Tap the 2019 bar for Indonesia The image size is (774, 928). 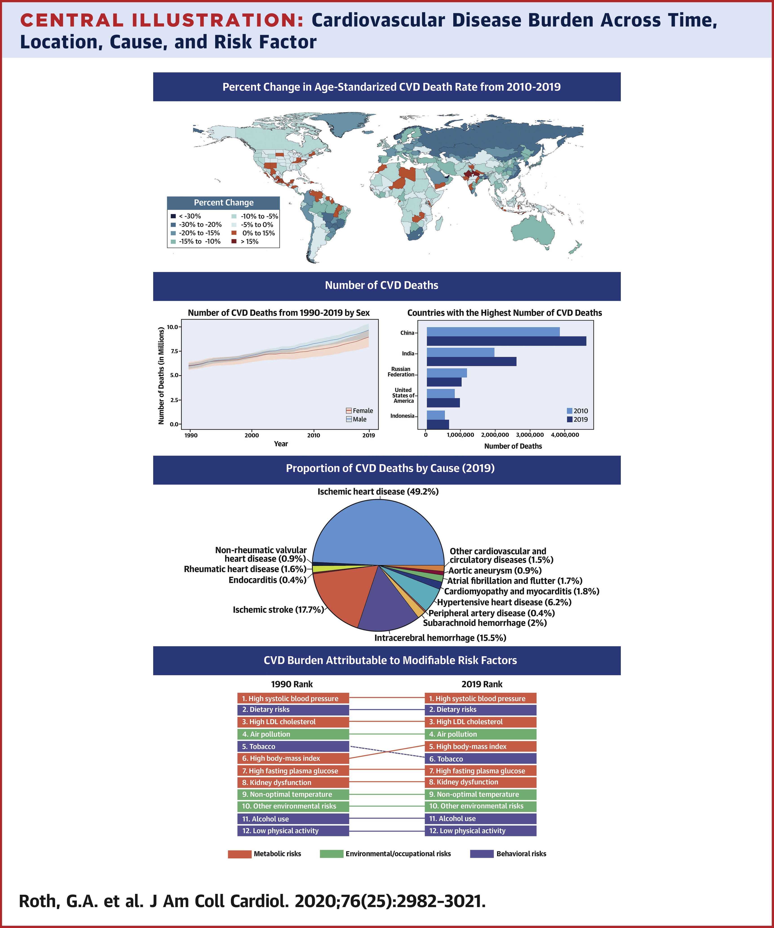point(438,424)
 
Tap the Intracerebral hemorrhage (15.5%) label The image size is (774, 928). point(440,638)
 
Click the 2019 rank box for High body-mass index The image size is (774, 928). point(480,746)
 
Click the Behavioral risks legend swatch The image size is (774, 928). point(482,854)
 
